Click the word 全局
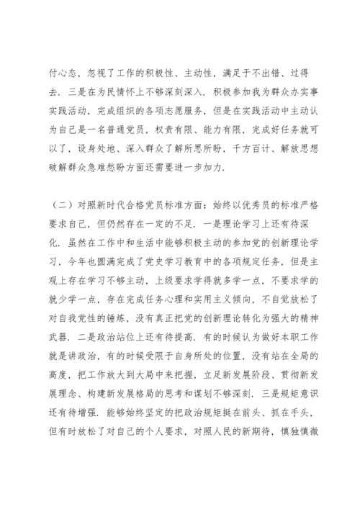pos(300,359)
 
